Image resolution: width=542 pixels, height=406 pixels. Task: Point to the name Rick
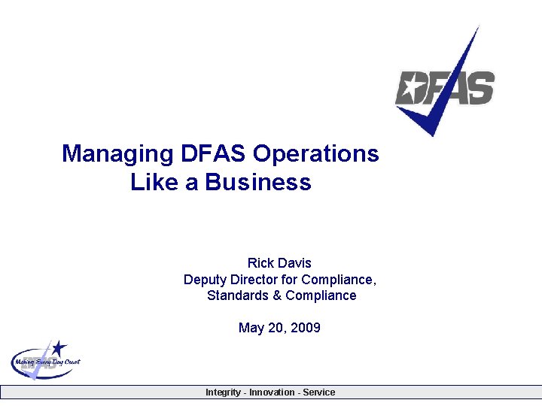[x=261, y=263]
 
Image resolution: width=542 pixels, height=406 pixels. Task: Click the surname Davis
[x=295, y=263]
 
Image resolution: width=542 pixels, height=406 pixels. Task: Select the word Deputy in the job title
[x=204, y=280]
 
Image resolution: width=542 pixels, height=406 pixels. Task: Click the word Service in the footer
[x=319, y=392]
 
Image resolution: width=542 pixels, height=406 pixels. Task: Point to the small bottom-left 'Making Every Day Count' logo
[x=45, y=360]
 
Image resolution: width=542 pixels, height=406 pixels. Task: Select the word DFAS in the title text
[x=213, y=154]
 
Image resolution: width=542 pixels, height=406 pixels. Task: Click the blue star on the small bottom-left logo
[x=59, y=348]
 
